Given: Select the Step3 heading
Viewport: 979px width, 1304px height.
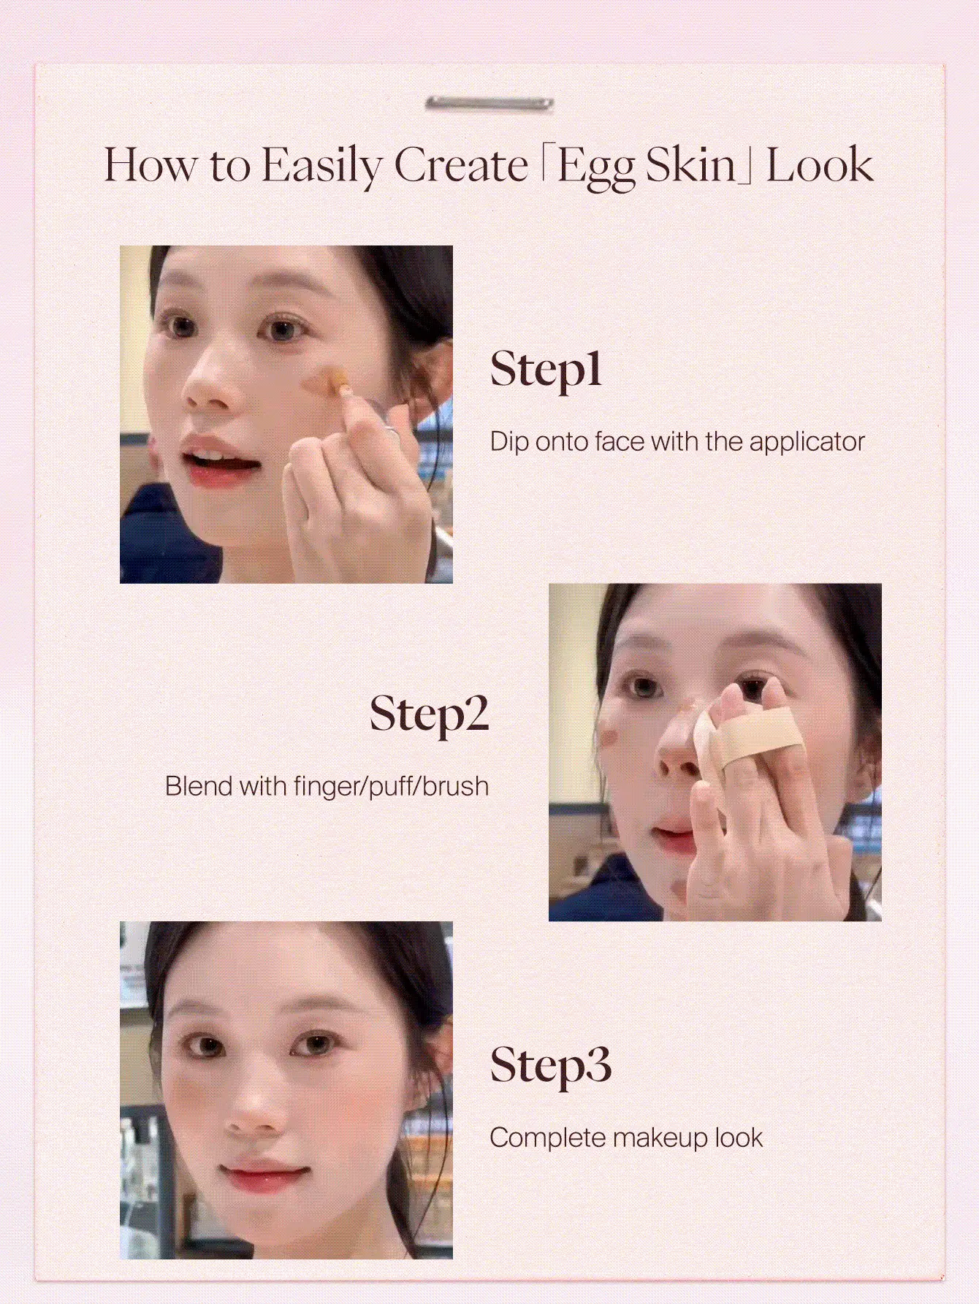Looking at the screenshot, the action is [550, 1067].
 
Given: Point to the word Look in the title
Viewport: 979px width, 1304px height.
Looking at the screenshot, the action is [819, 165].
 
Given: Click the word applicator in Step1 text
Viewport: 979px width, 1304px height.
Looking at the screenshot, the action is [807, 443].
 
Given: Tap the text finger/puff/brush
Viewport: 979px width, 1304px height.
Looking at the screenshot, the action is [391, 788].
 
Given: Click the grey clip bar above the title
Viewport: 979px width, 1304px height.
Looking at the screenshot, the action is [489, 104].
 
